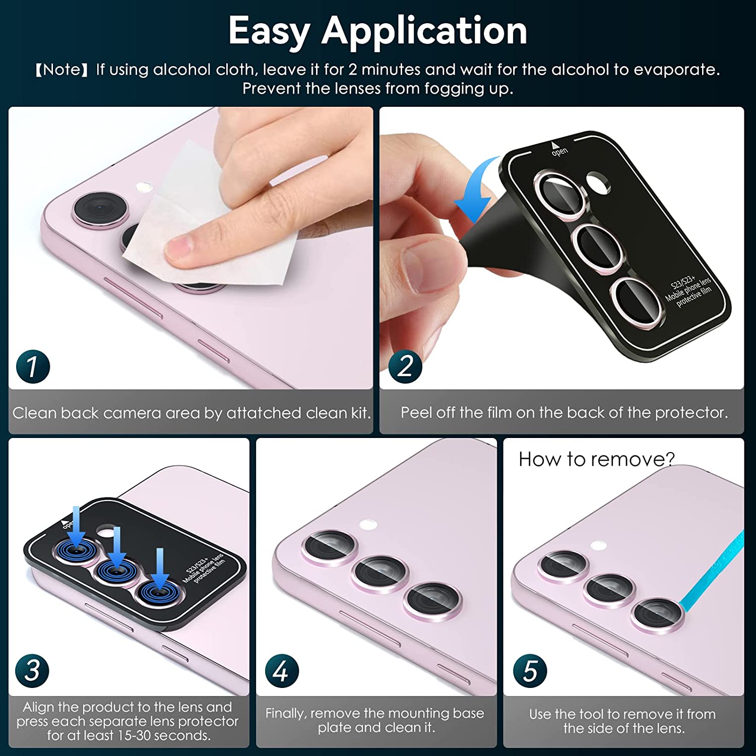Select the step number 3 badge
tap(32, 671)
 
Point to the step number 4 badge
tap(282, 671)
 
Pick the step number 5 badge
tap(530, 671)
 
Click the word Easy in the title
tap(269, 32)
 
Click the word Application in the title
tap(424, 32)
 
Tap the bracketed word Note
tap(62, 70)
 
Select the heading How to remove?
tap(597, 459)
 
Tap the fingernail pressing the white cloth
tap(179, 247)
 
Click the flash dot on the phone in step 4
tap(369, 525)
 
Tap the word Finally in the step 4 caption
tap(286, 714)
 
